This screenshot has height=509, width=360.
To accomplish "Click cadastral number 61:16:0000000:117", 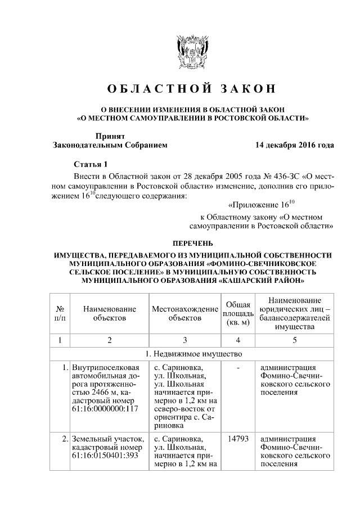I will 105,409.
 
